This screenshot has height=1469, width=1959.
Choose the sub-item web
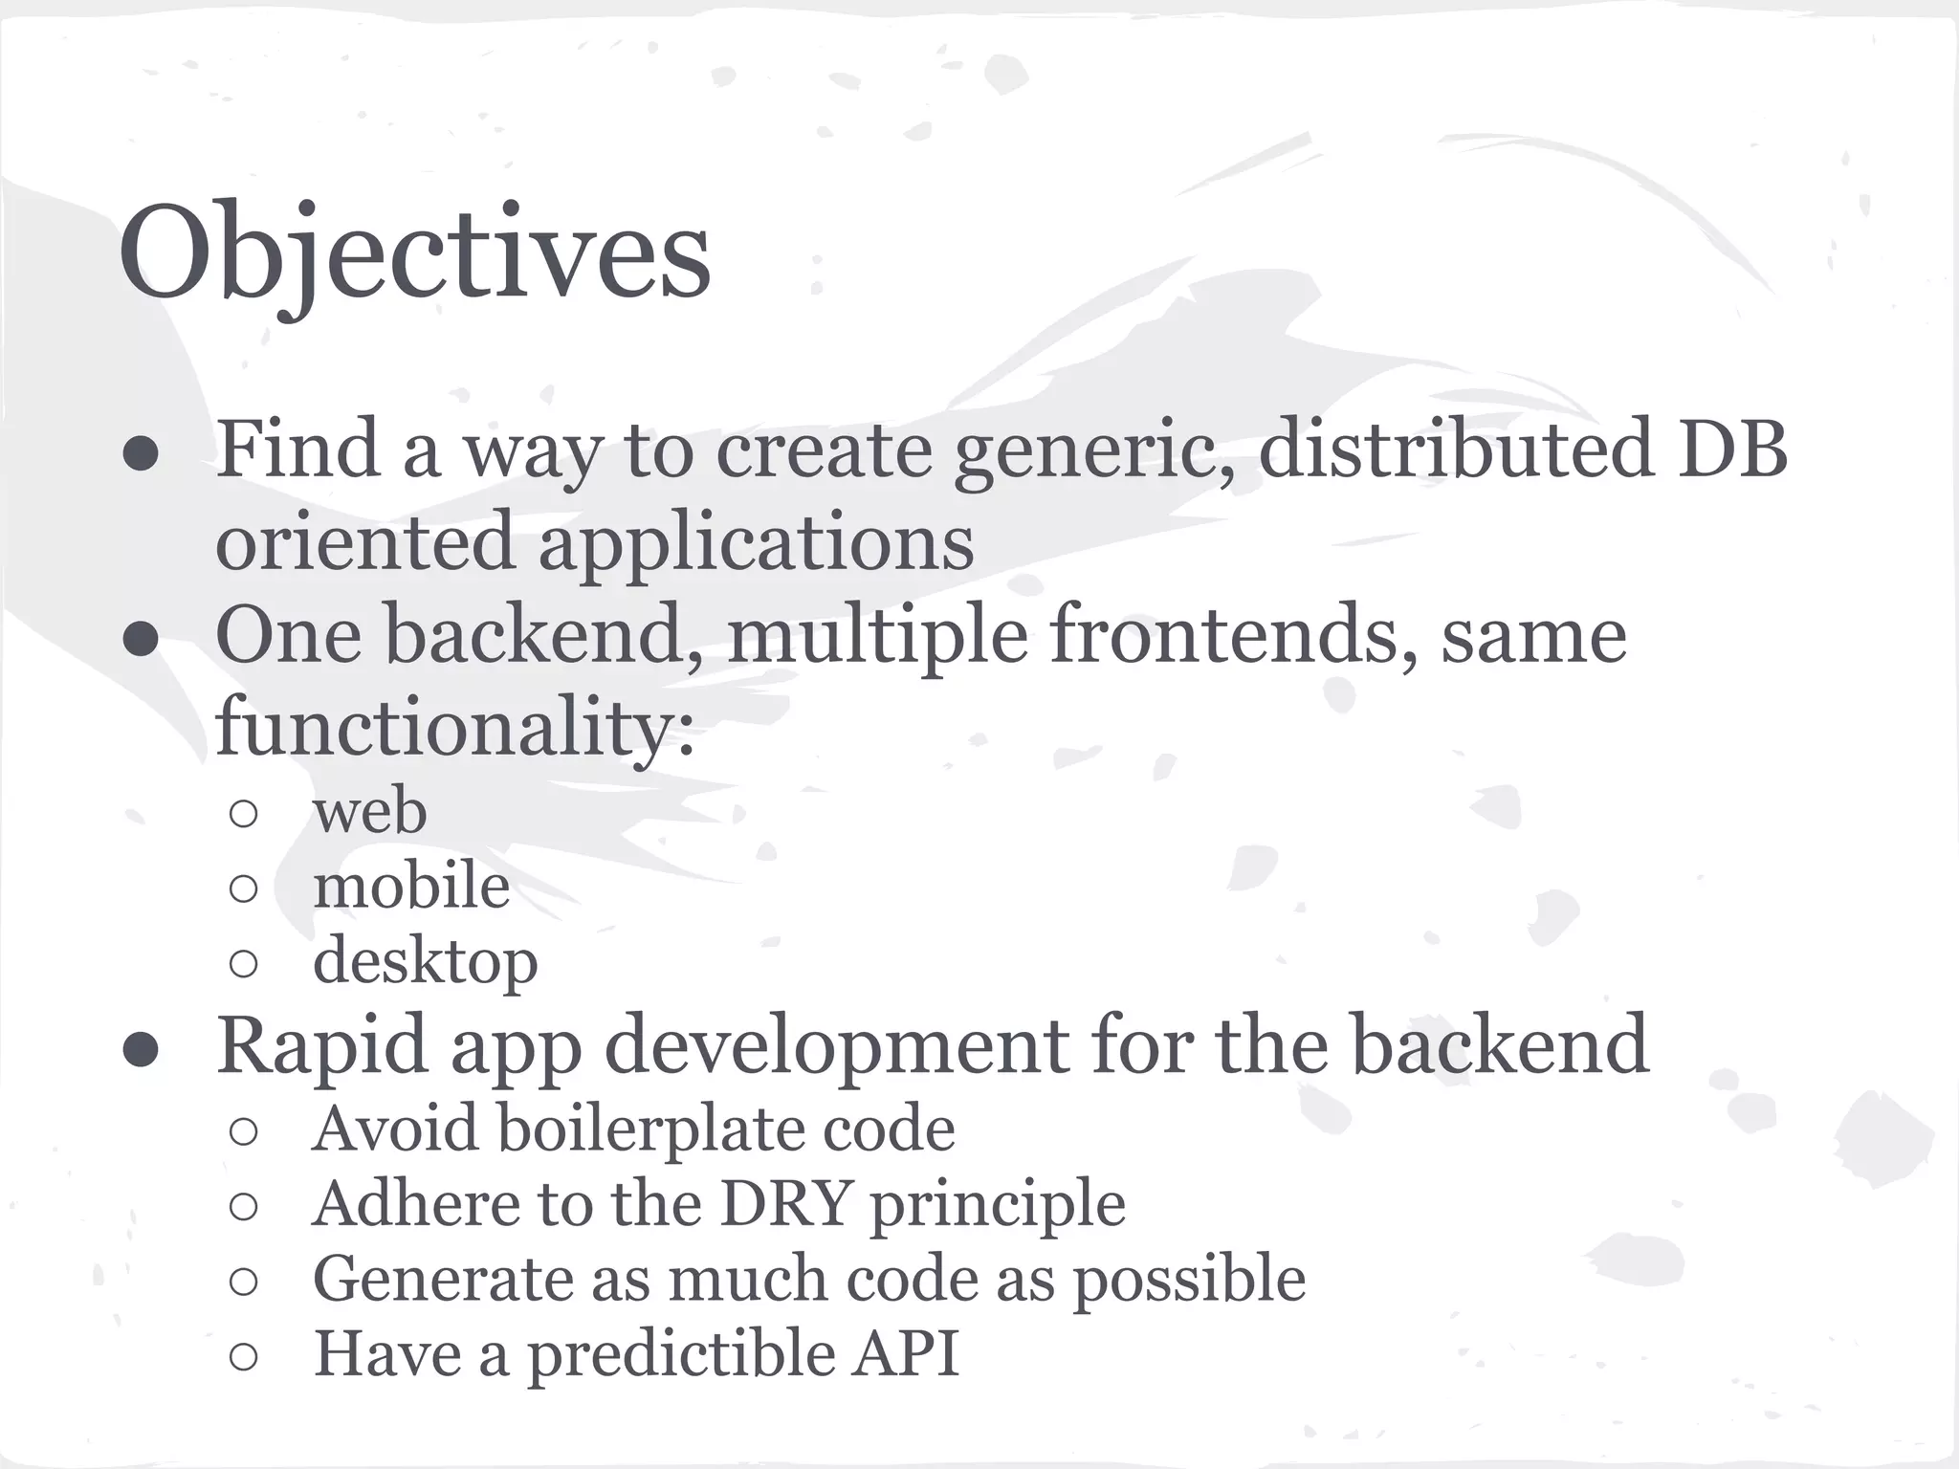[369, 811]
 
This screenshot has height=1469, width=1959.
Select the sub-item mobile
[411, 886]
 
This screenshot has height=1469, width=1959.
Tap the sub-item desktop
[425, 961]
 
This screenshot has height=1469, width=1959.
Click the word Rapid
[322, 1045]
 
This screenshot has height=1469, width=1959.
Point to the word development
[835, 1047]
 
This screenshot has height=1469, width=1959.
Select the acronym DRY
[784, 1203]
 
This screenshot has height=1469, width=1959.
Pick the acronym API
[905, 1353]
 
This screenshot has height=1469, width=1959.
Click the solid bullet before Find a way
[142, 453]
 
